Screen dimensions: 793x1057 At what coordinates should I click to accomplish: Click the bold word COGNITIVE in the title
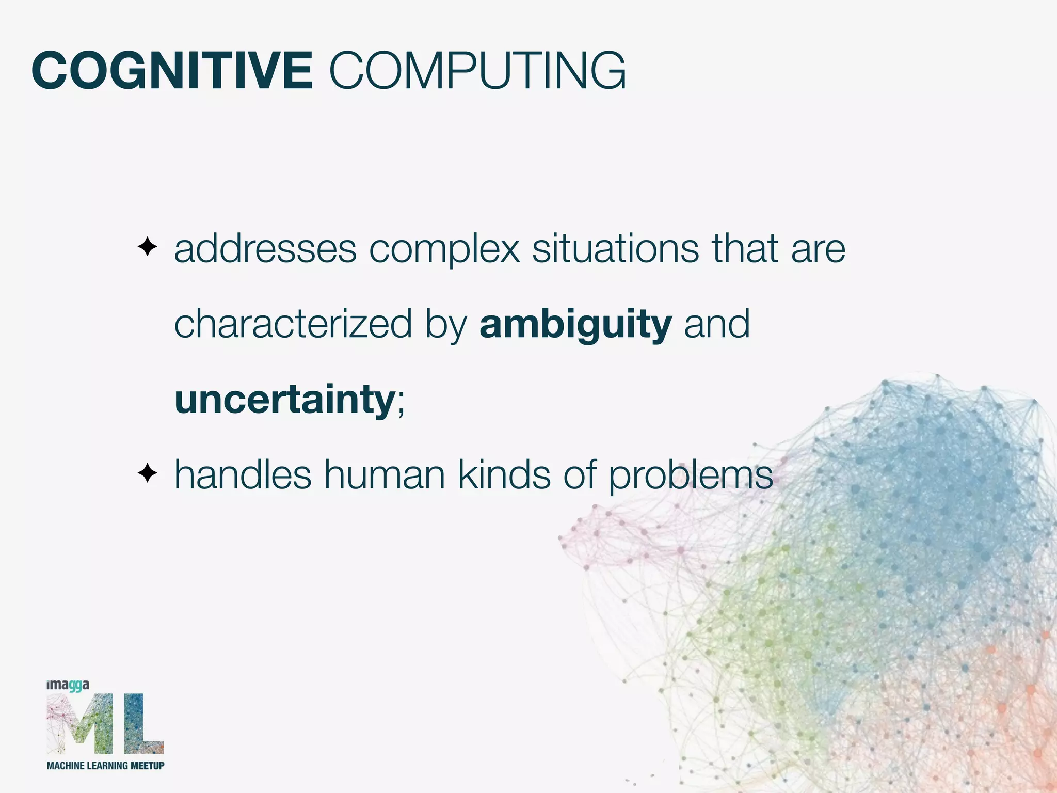coord(172,71)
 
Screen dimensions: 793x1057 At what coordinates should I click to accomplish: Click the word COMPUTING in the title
coord(477,71)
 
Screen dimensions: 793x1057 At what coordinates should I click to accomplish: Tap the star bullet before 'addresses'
coord(148,247)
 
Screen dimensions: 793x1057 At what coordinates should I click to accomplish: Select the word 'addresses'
coord(265,249)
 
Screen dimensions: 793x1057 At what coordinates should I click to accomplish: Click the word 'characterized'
coord(293,324)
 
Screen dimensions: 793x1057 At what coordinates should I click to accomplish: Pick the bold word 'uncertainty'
coord(285,400)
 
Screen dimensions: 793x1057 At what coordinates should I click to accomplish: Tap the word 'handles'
coord(243,474)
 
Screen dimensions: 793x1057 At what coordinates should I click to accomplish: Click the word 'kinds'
coord(505,474)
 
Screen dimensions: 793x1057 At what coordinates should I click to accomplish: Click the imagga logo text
coord(68,686)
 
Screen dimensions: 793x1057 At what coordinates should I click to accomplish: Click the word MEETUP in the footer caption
coord(147,765)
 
